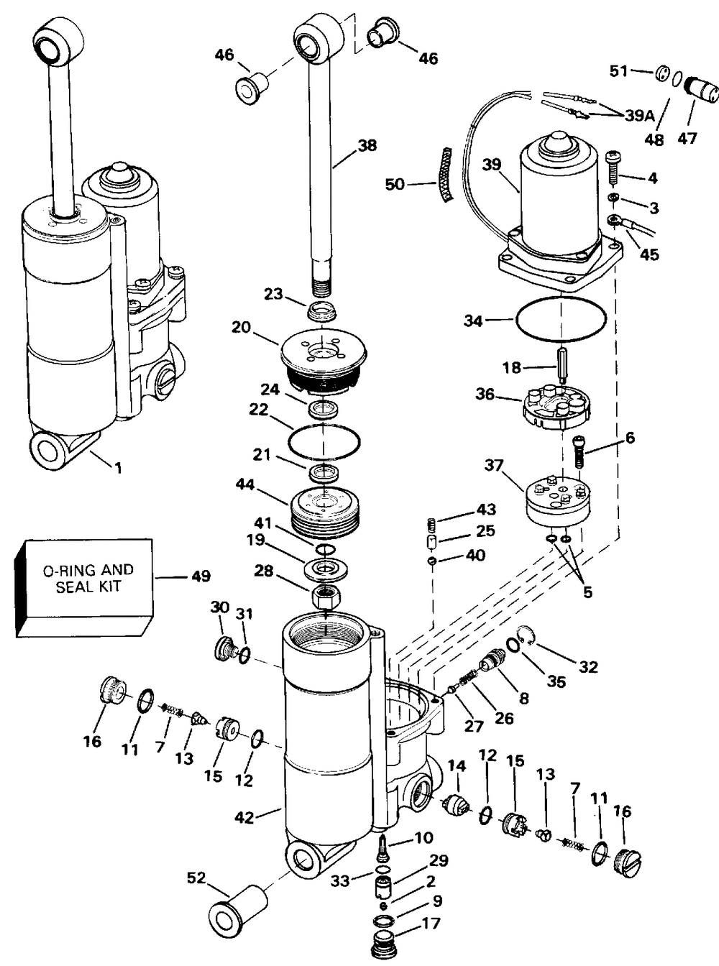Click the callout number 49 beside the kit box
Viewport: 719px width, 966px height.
tap(201, 576)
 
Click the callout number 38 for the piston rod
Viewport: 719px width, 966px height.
tap(367, 145)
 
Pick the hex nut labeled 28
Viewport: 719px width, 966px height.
tap(326, 596)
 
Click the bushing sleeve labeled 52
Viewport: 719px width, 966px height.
tap(236, 908)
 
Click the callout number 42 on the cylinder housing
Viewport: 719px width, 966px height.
tap(245, 817)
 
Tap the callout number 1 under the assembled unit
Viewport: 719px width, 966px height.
tap(117, 468)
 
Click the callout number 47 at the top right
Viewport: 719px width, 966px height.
tap(687, 137)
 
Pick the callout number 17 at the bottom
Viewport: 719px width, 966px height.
tap(431, 924)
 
